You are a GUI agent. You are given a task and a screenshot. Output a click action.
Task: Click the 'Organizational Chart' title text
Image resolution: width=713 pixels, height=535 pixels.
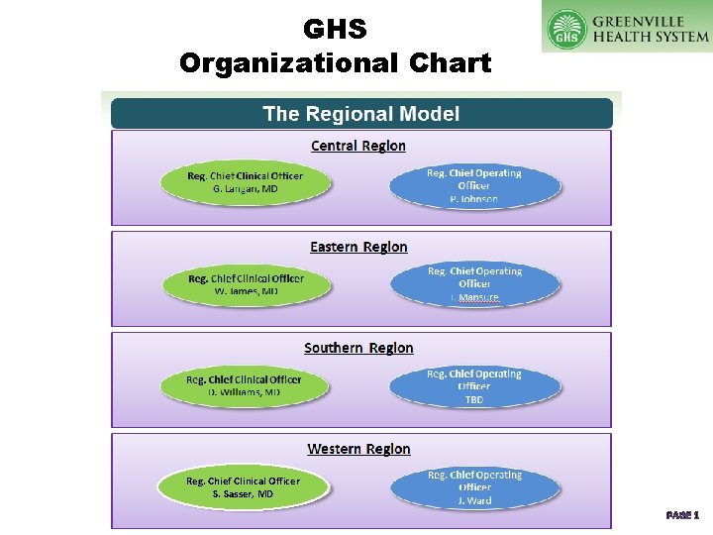(335, 63)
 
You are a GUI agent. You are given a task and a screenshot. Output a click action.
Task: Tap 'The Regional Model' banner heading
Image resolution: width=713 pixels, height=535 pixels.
(361, 113)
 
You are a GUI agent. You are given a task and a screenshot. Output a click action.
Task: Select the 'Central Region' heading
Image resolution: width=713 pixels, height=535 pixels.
(358, 146)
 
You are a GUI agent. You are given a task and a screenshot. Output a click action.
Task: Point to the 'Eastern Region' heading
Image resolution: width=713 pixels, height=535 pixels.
(358, 247)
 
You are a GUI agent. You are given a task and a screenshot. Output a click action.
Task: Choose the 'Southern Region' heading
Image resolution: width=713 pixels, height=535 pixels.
(358, 348)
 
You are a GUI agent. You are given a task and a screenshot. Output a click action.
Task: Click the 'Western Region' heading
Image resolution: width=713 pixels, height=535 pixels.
(358, 449)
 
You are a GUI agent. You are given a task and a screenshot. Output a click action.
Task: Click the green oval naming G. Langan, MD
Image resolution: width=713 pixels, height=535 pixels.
(246, 182)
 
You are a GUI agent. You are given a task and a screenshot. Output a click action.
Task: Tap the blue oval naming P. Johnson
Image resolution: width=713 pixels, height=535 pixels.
(474, 185)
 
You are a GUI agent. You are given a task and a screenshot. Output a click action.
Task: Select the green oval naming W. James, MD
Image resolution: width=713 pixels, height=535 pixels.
(246, 285)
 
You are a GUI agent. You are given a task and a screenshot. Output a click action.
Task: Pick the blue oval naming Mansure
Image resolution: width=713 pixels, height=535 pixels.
(474, 284)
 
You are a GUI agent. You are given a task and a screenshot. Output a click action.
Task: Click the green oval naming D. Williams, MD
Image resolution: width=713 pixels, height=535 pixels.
(245, 385)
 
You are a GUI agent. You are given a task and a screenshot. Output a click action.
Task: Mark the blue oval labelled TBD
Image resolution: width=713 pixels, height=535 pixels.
(474, 386)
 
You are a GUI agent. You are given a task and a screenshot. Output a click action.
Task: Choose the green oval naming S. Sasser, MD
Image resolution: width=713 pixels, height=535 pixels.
(244, 487)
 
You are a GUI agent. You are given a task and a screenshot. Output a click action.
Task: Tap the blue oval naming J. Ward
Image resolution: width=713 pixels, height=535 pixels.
(474, 487)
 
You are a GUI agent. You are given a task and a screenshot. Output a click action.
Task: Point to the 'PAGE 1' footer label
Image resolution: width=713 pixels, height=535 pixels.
(682, 515)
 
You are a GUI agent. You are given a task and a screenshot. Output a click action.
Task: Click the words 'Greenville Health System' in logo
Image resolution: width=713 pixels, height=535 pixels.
(651, 29)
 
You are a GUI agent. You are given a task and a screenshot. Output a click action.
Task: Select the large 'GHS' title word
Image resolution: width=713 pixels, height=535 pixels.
(335, 29)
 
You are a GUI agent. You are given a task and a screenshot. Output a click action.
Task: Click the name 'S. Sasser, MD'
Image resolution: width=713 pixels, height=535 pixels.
(243, 493)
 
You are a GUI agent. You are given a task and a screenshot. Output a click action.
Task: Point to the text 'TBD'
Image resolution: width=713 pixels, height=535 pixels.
(474, 399)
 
